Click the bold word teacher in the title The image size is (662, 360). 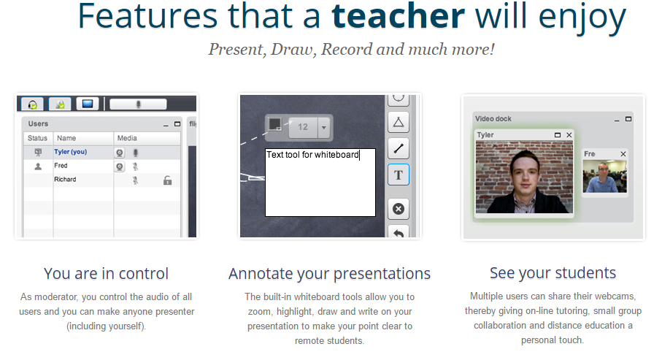(398, 16)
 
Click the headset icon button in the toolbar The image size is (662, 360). (33, 104)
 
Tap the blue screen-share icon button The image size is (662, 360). (88, 104)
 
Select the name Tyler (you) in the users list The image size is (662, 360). (71, 152)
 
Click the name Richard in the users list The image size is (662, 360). (65, 179)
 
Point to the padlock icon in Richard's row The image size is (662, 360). (168, 180)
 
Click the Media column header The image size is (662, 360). (127, 138)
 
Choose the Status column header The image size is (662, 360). (37, 138)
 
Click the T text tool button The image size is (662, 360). (398, 175)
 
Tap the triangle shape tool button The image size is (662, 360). (398, 123)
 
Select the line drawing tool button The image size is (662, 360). (398, 148)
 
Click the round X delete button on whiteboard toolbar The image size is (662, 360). (398, 209)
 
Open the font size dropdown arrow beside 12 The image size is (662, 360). (324, 127)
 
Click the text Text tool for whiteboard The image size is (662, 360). (312, 155)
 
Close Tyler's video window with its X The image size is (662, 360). (569, 135)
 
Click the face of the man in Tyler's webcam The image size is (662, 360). (525, 173)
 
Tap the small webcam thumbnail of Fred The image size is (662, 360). (604, 176)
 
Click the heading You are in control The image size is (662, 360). (106, 273)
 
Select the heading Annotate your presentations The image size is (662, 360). (329, 274)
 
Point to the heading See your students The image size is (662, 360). (553, 273)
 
